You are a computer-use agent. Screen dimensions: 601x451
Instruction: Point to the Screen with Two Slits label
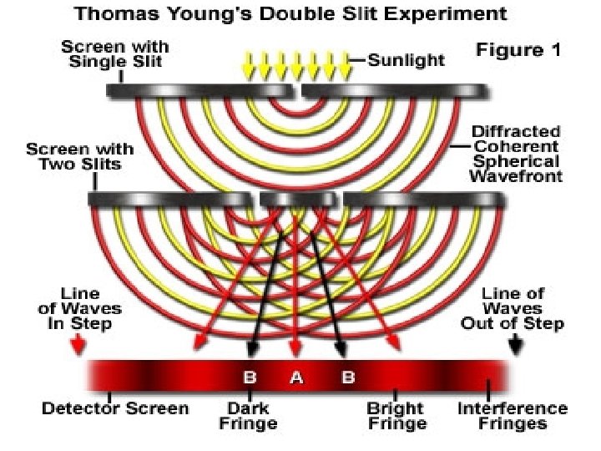(x=80, y=155)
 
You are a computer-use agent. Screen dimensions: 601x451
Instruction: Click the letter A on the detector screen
(x=295, y=378)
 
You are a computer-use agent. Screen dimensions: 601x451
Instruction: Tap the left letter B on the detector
(x=249, y=378)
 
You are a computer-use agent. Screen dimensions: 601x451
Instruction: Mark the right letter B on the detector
(x=348, y=378)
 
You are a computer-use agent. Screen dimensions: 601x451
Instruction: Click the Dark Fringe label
(x=248, y=416)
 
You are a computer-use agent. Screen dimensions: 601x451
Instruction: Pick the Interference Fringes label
(x=513, y=416)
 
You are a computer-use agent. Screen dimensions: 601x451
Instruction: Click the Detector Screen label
(x=116, y=408)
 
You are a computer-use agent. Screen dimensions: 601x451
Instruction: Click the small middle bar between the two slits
(x=297, y=199)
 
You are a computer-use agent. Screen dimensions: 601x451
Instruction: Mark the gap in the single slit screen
(x=297, y=89)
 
